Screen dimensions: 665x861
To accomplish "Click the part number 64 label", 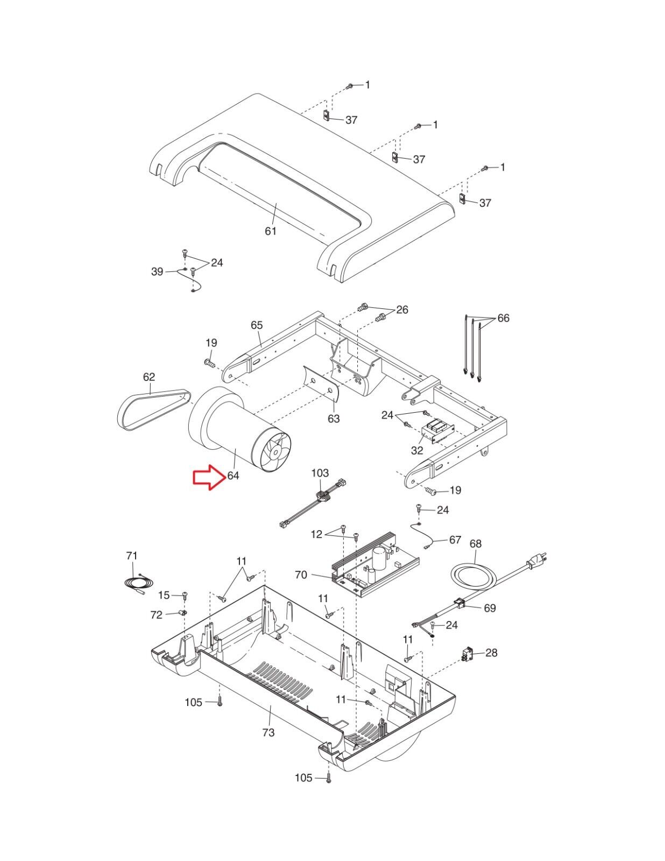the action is coord(234,476).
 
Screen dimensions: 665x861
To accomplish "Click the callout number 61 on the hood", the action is coord(271,231).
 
